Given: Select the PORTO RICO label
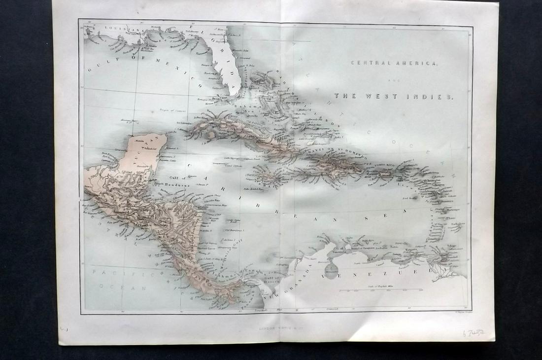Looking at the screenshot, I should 387,165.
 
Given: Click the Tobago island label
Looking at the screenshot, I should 452,246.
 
